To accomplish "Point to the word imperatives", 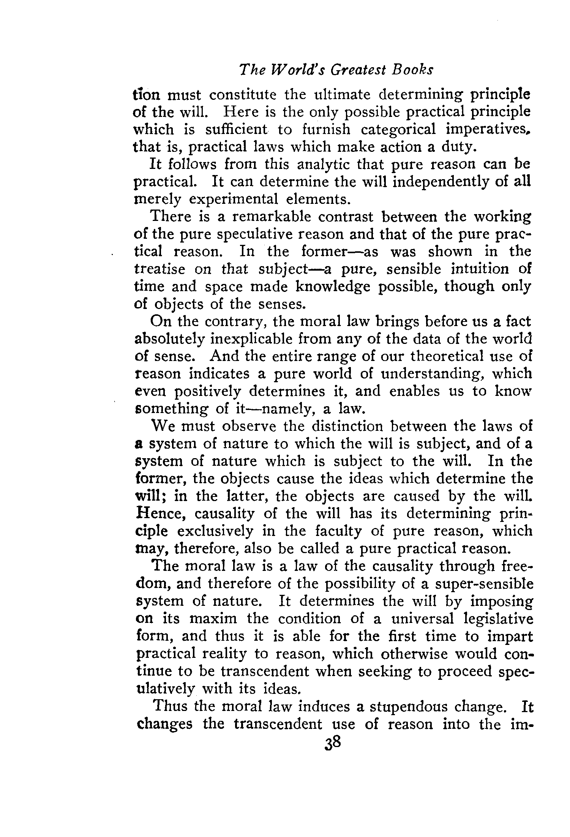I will click(488, 130).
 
